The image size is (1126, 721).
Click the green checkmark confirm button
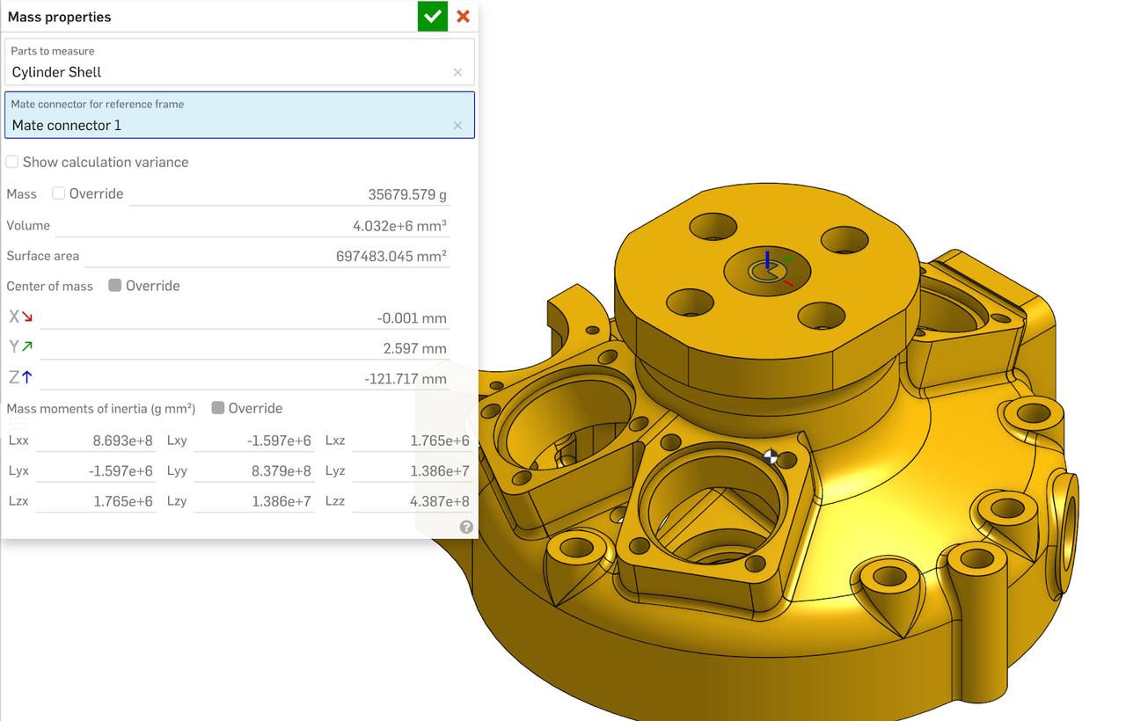pos(432,16)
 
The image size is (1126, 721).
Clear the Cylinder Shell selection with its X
pos(457,72)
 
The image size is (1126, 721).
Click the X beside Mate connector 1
pos(457,126)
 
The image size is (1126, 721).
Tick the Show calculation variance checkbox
pos(12,162)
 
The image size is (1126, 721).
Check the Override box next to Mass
pos(58,193)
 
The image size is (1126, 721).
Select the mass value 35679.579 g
pos(407,194)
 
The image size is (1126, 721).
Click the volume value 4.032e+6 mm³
pos(399,226)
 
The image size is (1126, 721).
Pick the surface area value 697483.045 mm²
pos(391,257)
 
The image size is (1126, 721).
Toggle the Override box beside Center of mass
pos(114,286)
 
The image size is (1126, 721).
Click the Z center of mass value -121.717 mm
pos(406,379)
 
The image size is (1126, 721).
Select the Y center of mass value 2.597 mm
pos(414,348)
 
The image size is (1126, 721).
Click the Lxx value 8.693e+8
pos(122,441)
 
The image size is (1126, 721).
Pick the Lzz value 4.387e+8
pos(439,501)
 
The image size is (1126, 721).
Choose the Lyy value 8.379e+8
pos(281,470)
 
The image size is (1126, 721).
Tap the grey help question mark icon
pos(466,527)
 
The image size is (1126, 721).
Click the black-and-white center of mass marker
pos(771,456)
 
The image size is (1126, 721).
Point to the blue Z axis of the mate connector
pos(767,259)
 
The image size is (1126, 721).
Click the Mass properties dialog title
pos(59,17)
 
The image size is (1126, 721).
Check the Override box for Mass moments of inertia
pos(217,408)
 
